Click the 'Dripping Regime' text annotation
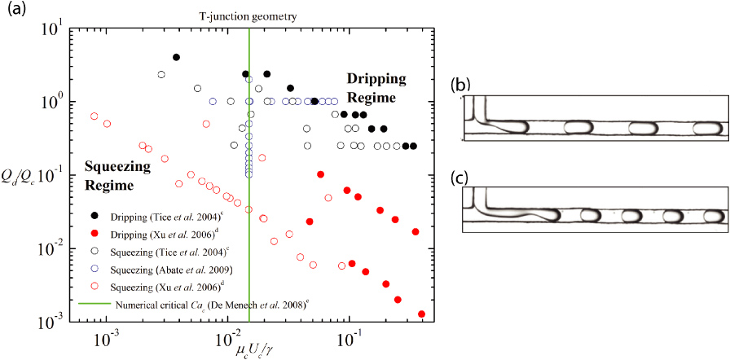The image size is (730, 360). tap(371, 88)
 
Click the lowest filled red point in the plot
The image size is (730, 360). tap(421, 314)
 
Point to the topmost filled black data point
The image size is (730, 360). tap(176, 57)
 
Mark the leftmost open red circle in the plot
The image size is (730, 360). tap(95, 116)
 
